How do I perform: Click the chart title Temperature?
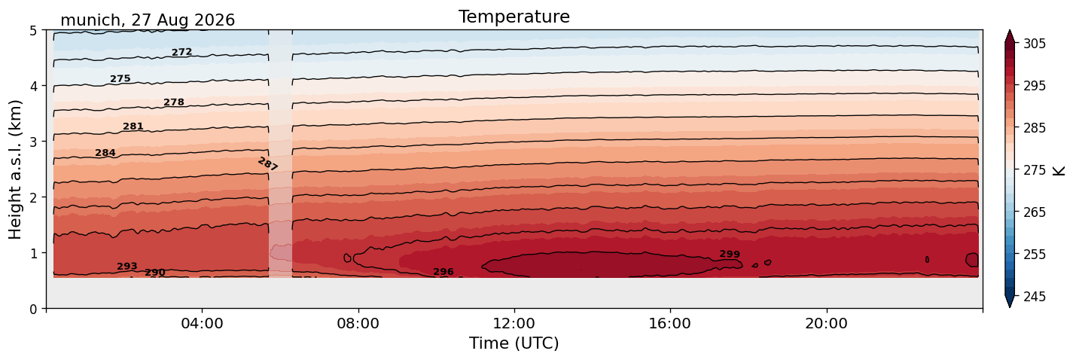(x=514, y=17)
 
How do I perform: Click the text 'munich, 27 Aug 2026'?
(x=148, y=20)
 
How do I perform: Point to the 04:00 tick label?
(x=203, y=323)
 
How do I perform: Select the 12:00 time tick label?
(x=514, y=323)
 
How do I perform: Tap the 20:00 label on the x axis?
(x=826, y=323)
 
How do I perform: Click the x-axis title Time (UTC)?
(x=514, y=343)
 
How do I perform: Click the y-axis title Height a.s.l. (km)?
(x=15, y=169)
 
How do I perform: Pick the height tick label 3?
(x=33, y=142)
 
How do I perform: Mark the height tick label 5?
(x=33, y=31)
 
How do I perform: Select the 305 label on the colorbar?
(x=1034, y=44)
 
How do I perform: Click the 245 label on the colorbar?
(x=1034, y=297)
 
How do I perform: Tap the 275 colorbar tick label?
(x=1034, y=170)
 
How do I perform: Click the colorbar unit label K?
(x=1058, y=170)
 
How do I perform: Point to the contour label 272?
(x=182, y=52)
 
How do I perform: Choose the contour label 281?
(x=133, y=127)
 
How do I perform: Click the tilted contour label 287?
(x=267, y=164)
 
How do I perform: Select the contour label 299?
(x=730, y=255)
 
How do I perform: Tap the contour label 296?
(x=444, y=272)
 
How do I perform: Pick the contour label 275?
(x=120, y=79)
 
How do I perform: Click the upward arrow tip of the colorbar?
(x=1010, y=31)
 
